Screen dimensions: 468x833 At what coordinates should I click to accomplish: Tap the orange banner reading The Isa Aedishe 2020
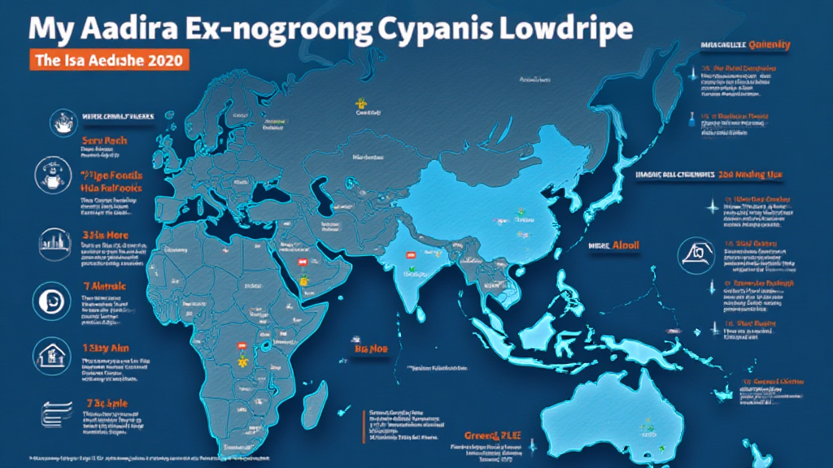(x=109, y=60)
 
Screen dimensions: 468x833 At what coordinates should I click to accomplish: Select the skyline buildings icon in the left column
(x=50, y=240)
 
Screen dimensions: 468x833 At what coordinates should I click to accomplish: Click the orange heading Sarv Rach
(x=103, y=141)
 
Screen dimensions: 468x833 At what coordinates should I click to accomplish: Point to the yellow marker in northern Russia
(x=359, y=103)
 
